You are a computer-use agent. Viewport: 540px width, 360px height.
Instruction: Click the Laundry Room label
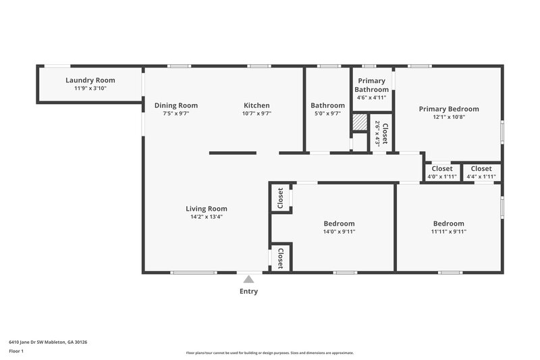pos(90,80)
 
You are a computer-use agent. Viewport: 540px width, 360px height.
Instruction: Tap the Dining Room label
pos(175,105)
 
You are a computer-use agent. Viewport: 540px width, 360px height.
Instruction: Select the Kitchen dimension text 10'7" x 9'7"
pos(256,114)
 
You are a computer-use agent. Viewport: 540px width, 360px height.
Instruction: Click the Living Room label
pos(206,209)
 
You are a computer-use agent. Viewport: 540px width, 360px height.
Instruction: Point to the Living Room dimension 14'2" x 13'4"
pos(206,217)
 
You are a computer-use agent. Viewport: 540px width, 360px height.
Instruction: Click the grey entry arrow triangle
pos(248,279)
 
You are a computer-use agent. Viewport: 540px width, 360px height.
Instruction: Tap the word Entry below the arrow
pos(248,292)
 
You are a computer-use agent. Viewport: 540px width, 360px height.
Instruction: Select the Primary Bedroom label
pos(449,109)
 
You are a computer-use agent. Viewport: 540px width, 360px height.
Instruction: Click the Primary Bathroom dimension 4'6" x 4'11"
pos(372,98)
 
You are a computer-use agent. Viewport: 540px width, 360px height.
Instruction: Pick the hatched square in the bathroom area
pos(360,122)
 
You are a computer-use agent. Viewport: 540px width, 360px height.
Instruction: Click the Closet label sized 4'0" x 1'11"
pos(442,169)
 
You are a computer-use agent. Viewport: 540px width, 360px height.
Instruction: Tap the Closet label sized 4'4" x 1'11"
pos(481,169)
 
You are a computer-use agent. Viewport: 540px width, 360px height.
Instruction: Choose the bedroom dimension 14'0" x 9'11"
pos(339,232)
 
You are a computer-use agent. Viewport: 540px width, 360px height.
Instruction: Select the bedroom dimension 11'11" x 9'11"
pos(449,232)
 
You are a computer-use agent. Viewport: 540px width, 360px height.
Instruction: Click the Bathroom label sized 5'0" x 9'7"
pos(327,105)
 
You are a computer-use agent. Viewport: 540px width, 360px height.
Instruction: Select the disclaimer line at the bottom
pos(270,353)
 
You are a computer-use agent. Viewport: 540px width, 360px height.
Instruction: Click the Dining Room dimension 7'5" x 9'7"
pos(175,114)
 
